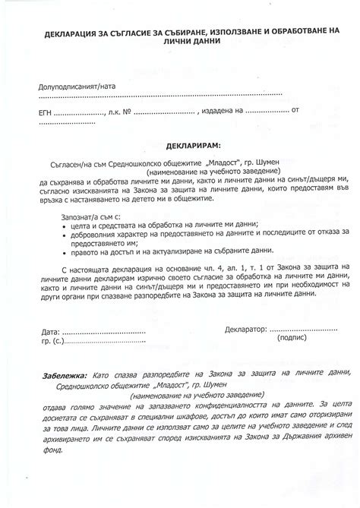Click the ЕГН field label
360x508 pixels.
tap(47, 111)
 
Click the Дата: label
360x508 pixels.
tap(47, 353)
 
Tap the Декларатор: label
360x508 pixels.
tap(246, 352)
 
